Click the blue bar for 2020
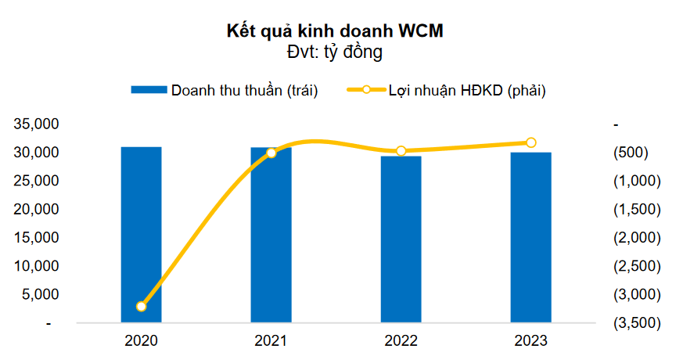[x=141, y=235]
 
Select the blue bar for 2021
[x=271, y=235]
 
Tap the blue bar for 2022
[x=401, y=239]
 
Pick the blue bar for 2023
[x=530, y=237]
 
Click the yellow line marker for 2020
[x=141, y=306]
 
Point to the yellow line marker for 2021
[x=271, y=153]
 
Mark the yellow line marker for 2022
[x=401, y=151]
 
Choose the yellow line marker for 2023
[x=530, y=142]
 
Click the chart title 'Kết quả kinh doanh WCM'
[x=340, y=31]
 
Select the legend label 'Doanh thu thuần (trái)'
[x=245, y=90]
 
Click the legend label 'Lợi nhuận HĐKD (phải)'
[x=467, y=90]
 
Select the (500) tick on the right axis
[x=631, y=153]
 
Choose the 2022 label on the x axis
[x=401, y=341]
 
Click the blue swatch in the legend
[x=149, y=90]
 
